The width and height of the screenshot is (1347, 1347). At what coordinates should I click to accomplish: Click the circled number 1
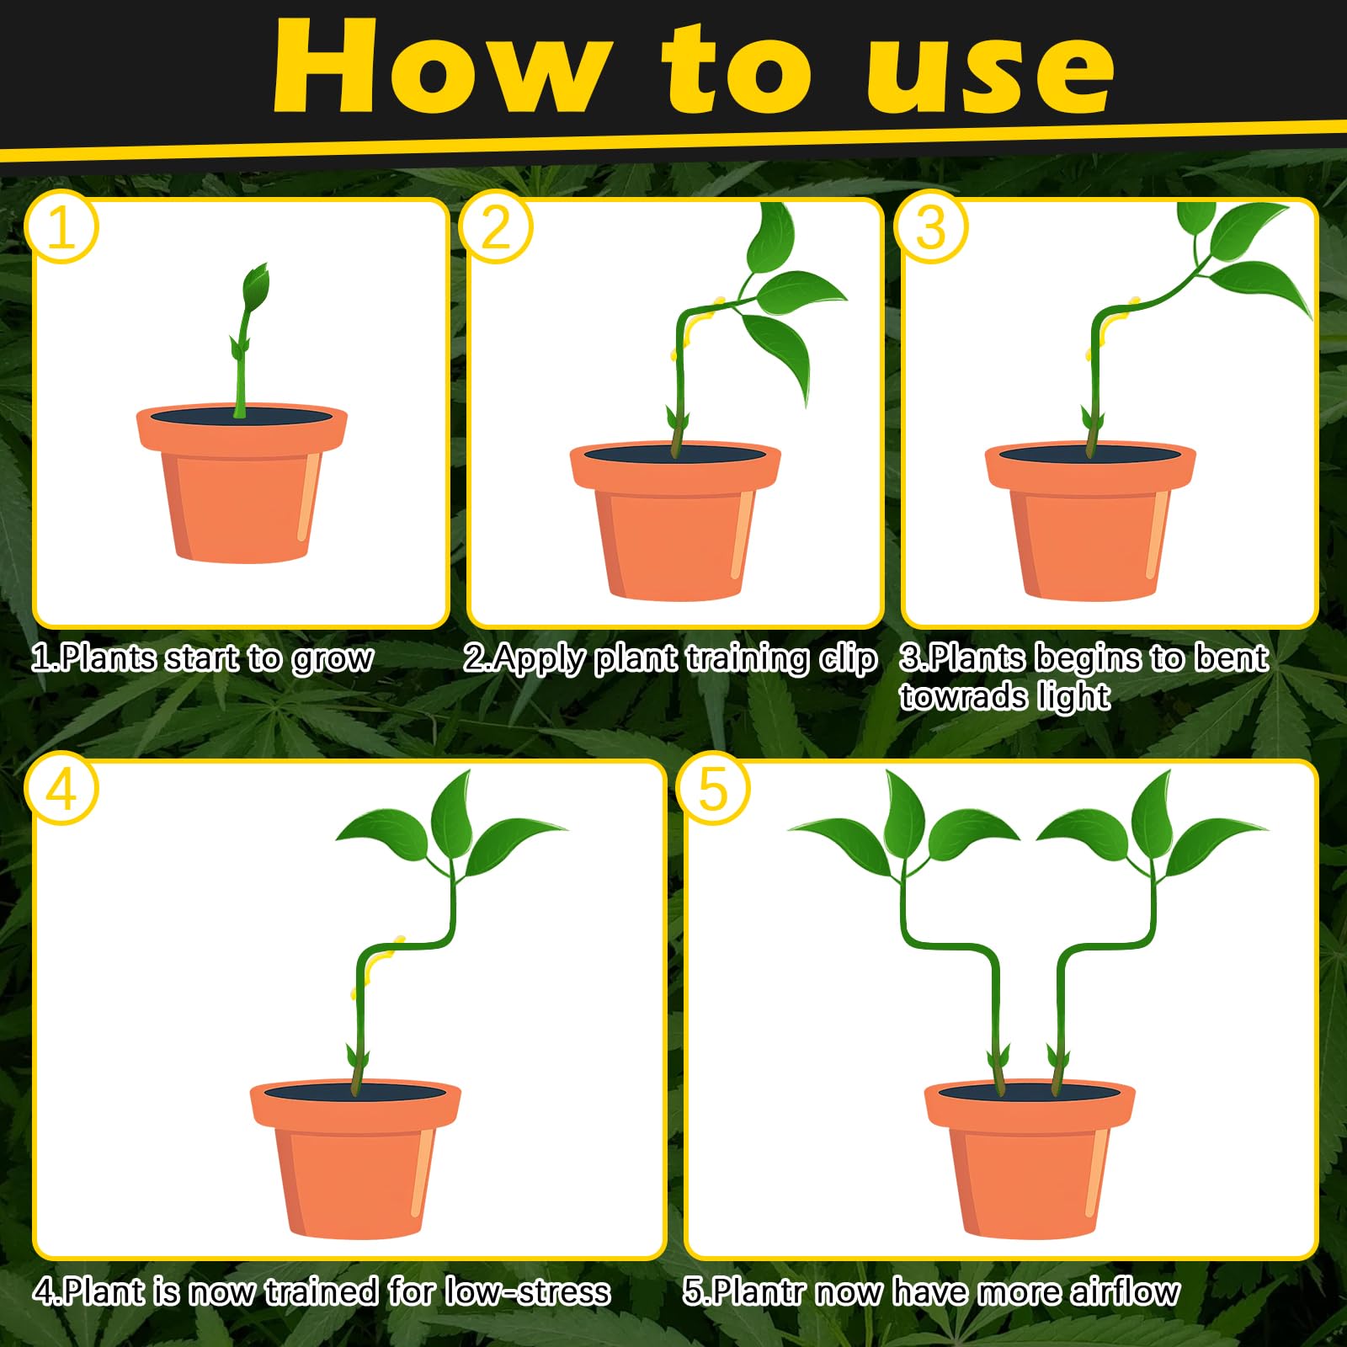pyautogui.click(x=62, y=227)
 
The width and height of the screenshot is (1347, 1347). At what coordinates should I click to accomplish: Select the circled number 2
pyautogui.click(x=497, y=227)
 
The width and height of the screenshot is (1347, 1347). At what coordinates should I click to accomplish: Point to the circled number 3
pyautogui.click(x=931, y=227)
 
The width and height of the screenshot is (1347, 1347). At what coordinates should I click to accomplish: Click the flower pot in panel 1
pyautogui.click(x=242, y=482)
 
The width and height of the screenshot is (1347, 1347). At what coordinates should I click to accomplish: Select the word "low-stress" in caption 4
pyautogui.click(x=528, y=1291)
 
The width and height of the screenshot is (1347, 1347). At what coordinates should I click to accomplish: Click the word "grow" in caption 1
pyautogui.click(x=333, y=660)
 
